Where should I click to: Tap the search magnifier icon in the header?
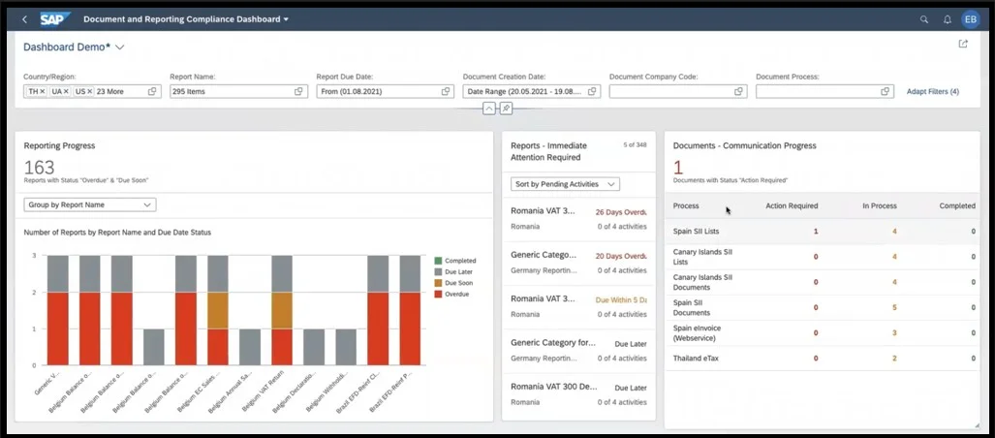pyautogui.click(x=923, y=19)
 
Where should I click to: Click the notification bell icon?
pyautogui.click(x=947, y=19)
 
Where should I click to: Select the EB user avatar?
pyautogui.click(x=971, y=19)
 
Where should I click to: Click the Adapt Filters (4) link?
pyautogui.click(x=932, y=91)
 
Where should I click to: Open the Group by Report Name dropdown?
pyautogui.click(x=89, y=204)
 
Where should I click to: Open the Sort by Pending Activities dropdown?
pyautogui.click(x=565, y=183)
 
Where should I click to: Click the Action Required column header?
pyautogui.click(x=792, y=205)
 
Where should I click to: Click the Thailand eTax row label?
pyautogui.click(x=698, y=358)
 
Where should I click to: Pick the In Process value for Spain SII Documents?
pyautogui.click(x=893, y=307)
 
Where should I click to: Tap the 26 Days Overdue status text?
pyautogui.click(x=620, y=211)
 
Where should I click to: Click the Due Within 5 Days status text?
pyautogui.click(x=620, y=300)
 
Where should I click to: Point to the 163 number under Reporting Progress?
pyautogui.click(x=39, y=168)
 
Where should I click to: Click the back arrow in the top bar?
pyautogui.click(x=24, y=19)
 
